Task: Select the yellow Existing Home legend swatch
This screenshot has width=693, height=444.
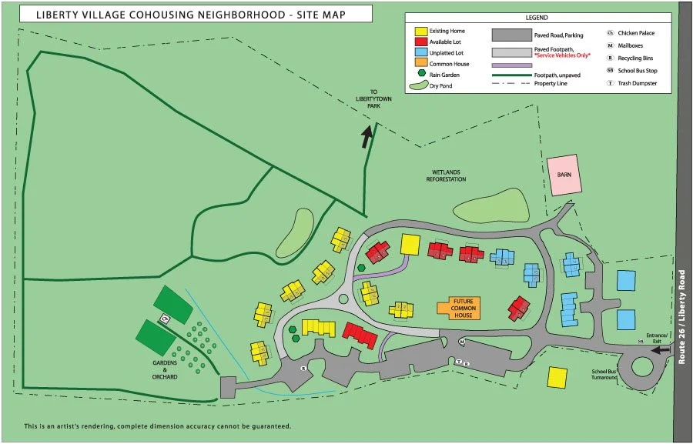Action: tap(421, 32)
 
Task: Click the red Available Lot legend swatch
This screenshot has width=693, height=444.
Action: tap(421, 42)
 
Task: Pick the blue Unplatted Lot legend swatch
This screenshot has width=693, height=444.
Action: tap(421, 53)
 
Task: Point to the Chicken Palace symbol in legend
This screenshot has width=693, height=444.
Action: tap(610, 34)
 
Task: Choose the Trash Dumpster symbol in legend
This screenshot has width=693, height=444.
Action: tap(610, 82)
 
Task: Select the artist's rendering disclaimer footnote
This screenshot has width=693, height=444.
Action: tap(157, 426)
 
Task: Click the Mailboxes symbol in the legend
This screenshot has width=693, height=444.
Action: tap(610, 45)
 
